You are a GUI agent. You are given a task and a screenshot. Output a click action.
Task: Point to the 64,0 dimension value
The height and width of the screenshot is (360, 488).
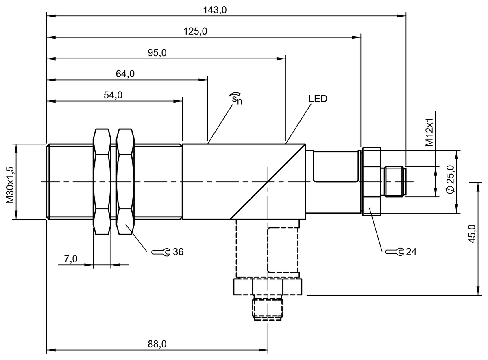(125, 74)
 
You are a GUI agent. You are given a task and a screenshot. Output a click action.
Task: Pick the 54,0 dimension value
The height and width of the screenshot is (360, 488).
(113, 95)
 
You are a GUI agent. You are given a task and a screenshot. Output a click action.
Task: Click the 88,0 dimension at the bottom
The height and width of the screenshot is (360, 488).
(157, 344)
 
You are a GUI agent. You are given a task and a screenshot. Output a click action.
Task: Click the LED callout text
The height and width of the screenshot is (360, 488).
(318, 99)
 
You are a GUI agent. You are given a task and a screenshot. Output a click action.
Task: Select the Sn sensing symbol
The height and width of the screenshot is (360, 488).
(235, 99)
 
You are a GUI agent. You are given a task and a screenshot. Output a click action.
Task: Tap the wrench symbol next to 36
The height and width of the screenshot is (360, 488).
(161, 252)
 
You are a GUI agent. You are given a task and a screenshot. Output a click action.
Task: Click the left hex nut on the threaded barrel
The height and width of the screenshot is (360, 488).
(101, 181)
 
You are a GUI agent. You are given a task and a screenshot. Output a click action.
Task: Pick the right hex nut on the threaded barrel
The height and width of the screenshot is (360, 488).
(125, 181)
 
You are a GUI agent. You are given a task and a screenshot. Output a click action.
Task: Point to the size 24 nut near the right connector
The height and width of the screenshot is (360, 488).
(371, 181)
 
